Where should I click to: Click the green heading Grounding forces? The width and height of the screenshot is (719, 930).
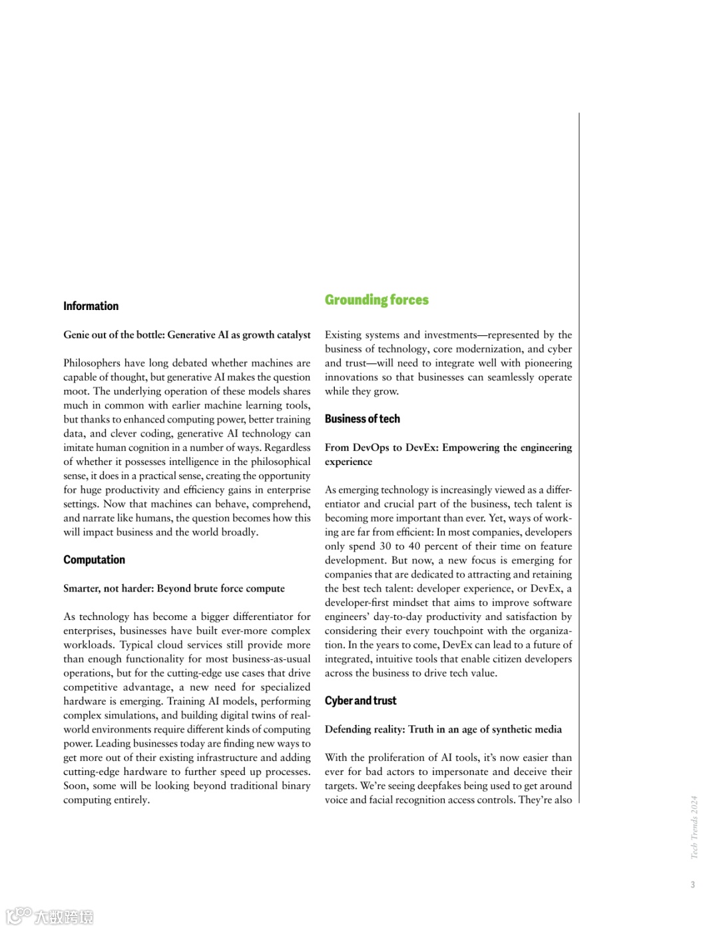pos(376,300)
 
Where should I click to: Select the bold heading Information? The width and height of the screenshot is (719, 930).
pos(91,306)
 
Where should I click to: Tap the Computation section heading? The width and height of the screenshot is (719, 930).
pos(94,559)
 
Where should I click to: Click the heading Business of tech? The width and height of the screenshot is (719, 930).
pos(362,418)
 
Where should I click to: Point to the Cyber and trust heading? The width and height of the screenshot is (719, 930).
pos(360,700)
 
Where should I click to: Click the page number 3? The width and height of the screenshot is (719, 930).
pos(692,884)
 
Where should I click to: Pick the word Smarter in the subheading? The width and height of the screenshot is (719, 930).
pos(82,588)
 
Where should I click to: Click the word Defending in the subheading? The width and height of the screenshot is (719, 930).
pos(348,729)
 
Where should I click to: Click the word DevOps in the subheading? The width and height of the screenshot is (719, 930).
pos(371,447)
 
